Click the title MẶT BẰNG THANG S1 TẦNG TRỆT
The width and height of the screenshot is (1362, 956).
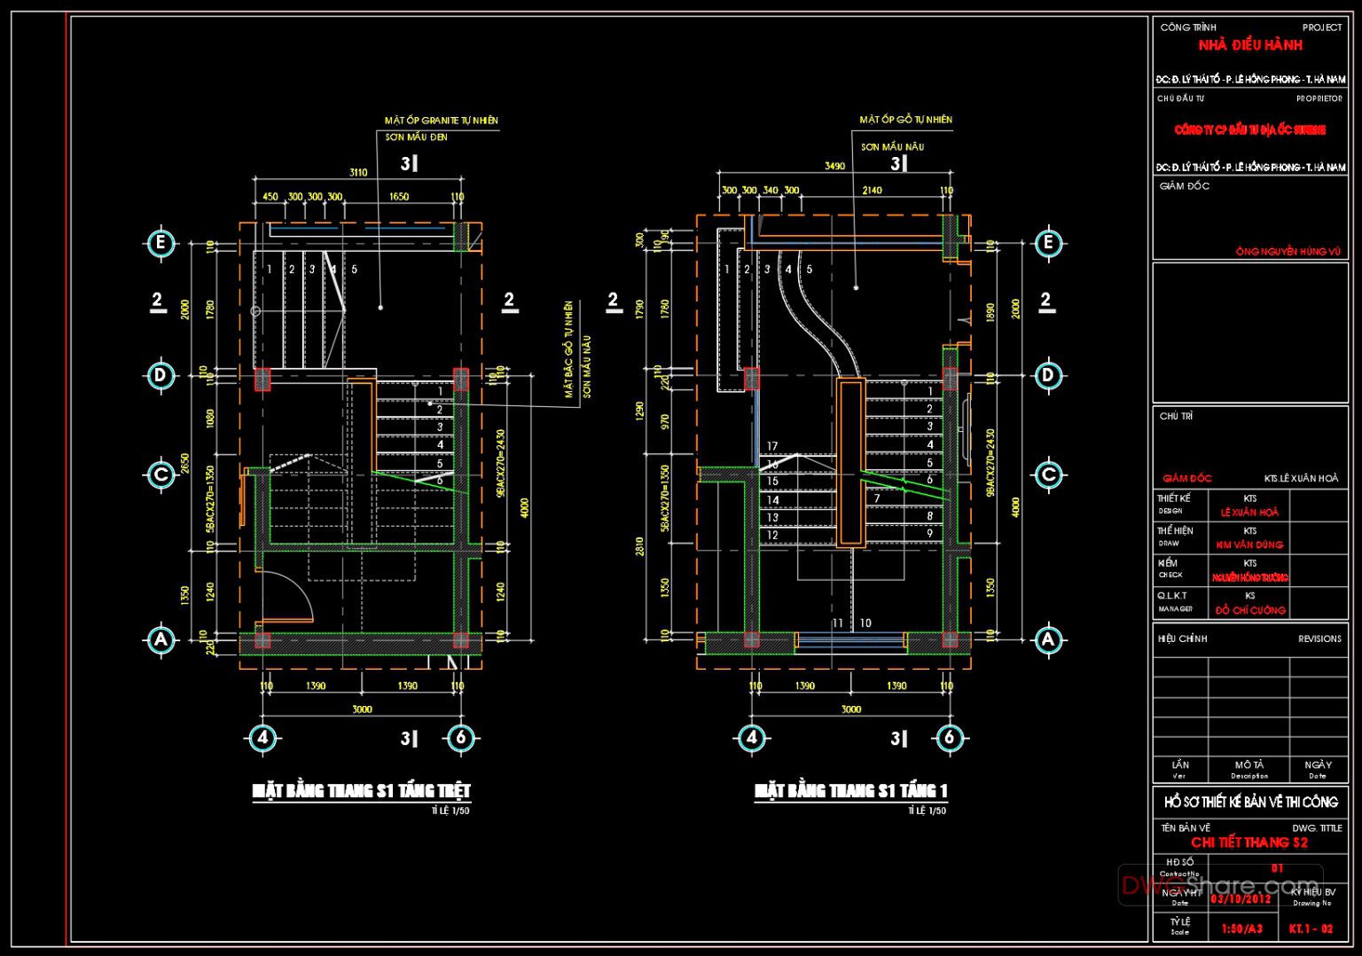click(361, 790)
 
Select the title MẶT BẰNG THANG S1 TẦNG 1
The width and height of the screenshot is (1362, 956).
click(850, 790)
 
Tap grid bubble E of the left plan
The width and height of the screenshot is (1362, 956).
click(160, 244)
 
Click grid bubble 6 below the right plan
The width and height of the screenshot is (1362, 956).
click(949, 738)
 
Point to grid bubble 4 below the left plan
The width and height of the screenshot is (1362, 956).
click(262, 738)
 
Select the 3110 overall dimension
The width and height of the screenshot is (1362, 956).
click(358, 173)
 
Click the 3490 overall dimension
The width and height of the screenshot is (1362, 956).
click(834, 166)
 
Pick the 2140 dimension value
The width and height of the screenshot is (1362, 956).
click(872, 191)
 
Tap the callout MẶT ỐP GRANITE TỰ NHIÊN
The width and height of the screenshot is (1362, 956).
click(441, 121)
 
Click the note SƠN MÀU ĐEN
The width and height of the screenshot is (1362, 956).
click(416, 137)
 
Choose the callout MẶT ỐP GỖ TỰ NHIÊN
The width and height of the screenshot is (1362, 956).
click(905, 120)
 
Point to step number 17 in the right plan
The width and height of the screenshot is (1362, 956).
click(772, 447)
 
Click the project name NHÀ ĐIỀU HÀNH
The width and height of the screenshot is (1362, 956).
click(1250, 45)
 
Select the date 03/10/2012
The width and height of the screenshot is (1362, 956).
click(1241, 899)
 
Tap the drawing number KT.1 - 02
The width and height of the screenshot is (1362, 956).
click(1311, 929)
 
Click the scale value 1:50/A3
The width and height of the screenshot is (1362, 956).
click(1241, 929)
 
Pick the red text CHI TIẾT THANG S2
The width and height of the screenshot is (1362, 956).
click(1248, 842)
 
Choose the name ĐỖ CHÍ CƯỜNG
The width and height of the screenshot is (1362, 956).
click(1250, 610)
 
